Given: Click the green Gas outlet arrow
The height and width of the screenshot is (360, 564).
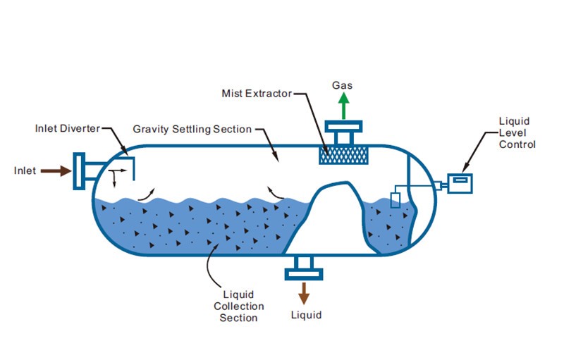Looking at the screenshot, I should [343, 106].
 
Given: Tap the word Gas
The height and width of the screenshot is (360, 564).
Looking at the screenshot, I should [343, 86].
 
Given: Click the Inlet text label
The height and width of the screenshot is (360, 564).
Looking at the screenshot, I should [25, 170].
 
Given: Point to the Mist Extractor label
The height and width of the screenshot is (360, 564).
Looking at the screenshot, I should [256, 93].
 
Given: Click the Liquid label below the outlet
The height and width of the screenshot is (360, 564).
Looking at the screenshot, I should [306, 315].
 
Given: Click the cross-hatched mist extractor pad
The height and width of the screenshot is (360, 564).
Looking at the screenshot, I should [343, 156].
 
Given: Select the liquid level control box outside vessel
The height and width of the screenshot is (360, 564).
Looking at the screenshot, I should [460, 182].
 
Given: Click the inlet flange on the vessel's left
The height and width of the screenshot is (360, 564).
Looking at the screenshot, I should [80, 170].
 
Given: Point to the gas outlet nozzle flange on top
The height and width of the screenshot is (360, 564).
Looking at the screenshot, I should [343, 128].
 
